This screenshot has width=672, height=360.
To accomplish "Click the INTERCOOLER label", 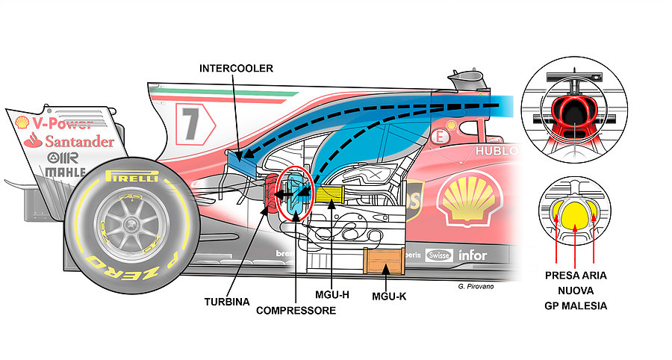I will click(x=236, y=69).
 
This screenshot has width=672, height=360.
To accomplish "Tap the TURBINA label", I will click(x=226, y=302).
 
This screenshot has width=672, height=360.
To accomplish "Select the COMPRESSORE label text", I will click(x=296, y=309).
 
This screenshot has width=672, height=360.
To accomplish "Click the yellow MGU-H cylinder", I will click(x=328, y=196).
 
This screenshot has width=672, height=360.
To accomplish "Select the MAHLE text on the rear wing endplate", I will click(x=65, y=173).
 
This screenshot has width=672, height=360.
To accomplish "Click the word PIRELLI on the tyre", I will click(x=131, y=178).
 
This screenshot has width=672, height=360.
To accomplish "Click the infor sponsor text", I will click(x=472, y=255).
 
